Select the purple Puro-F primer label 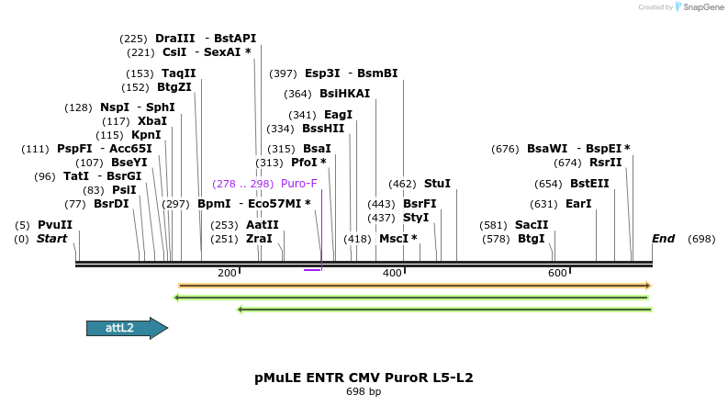(x=298, y=184)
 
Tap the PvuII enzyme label (x=55, y=225)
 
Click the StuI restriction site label (x=437, y=184)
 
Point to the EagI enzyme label (x=338, y=115)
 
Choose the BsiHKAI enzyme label (x=344, y=94)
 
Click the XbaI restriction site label (x=152, y=121)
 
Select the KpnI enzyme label (x=146, y=135)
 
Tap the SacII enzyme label (x=532, y=225)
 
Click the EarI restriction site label (x=578, y=204)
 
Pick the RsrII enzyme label (x=606, y=163)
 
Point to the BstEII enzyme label (x=589, y=184)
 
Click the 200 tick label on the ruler (x=227, y=273)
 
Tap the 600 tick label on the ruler (x=557, y=273)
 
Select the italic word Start (x=52, y=239)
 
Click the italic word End (x=663, y=239)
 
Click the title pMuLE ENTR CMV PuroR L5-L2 (x=364, y=378)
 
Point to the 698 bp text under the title (x=364, y=392)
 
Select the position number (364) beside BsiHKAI (x=297, y=94)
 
